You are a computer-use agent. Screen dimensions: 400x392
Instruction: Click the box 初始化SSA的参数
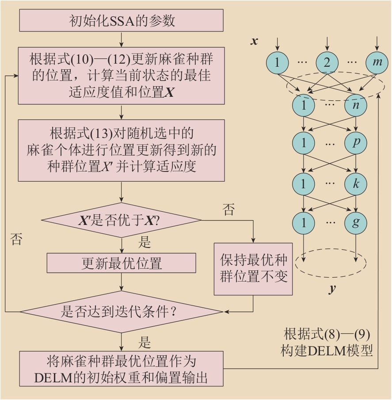[121, 21]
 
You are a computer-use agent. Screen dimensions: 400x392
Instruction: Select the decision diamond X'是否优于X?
[121, 220]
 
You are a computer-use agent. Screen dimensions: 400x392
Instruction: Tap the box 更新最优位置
[121, 263]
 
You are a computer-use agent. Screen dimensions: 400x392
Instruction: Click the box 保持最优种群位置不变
[253, 269]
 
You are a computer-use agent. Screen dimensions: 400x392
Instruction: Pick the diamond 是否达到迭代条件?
[121, 312]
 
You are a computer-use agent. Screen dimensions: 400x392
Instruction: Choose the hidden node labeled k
[356, 183]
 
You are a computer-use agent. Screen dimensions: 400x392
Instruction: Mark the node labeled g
[356, 221]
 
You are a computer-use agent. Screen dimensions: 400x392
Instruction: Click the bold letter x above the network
[254, 42]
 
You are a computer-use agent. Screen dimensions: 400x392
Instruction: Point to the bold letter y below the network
[331, 290]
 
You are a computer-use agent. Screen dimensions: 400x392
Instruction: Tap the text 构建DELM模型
[327, 351]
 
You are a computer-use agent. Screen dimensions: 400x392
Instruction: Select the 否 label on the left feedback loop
[15, 240]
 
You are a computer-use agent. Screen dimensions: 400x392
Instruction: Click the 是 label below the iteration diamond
[145, 342]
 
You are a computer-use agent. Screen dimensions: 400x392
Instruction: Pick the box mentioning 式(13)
[121, 150]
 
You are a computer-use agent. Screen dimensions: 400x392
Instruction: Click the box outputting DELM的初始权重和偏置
[121, 369]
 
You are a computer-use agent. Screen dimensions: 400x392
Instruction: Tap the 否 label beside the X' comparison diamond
[229, 210]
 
